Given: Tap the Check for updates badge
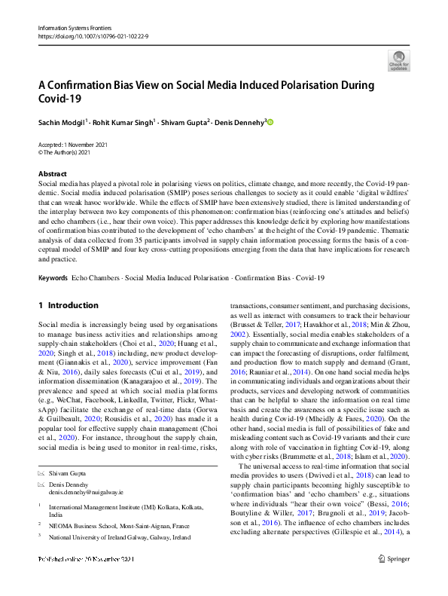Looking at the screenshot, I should (x=398, y=61).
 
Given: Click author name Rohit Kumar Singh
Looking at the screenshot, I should (x=123, y=121).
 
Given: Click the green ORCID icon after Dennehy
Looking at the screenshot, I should (x=271, y=121).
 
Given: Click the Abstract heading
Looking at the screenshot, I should (x=52, y=174).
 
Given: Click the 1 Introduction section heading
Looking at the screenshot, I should (x=68, y=305).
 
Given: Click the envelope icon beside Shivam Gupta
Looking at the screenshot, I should (x=41, y=472).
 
